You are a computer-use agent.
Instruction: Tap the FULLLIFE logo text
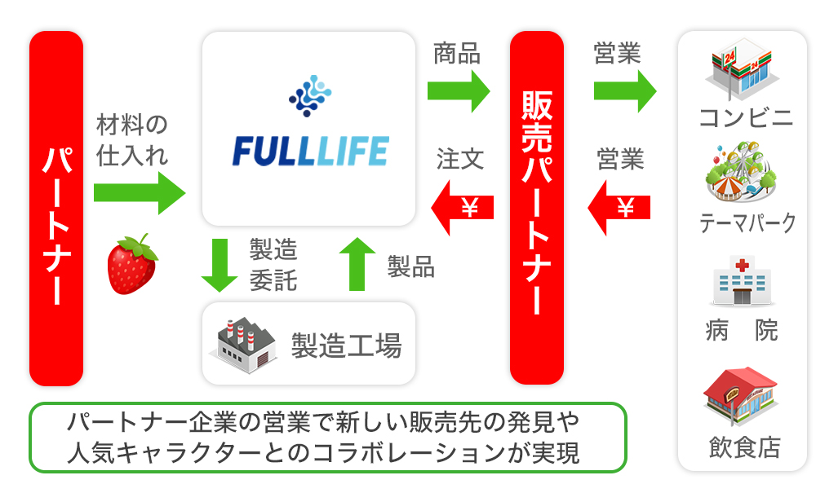point(311,152)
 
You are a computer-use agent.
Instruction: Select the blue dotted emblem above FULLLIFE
point(310,95)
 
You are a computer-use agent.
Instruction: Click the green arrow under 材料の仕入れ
point(139,193)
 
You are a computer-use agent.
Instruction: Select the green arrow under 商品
point(459,90)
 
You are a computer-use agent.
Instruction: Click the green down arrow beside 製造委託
point(219,265)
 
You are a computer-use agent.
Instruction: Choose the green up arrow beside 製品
point(357,265)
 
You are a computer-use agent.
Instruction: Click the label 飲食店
point(744,447)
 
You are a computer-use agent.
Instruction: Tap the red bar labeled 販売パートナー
point(537,208)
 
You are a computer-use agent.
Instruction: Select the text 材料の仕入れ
point(132,140)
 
